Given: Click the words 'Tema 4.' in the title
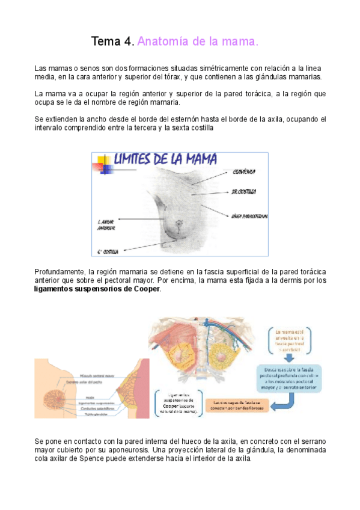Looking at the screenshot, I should click(112, 41).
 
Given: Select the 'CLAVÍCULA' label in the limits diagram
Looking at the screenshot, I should click(243, 172).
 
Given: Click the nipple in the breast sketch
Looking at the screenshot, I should click(178, 224).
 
